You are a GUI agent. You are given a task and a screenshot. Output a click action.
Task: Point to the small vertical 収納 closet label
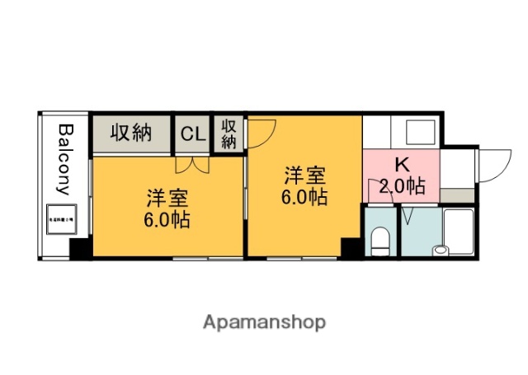[229, 134]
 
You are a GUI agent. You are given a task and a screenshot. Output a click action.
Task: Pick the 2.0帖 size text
[402, 186]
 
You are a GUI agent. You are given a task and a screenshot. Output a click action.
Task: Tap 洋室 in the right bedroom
[305, 176]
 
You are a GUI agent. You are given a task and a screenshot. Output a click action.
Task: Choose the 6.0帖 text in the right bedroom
[305, 197]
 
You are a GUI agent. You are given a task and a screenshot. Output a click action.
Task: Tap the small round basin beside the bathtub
[440, 248]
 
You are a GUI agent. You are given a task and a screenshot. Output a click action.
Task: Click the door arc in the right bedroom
[263, 131]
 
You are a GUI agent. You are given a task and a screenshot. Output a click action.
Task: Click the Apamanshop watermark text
[264, 321]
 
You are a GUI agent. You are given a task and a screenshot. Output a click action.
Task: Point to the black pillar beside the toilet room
[351, 247]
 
